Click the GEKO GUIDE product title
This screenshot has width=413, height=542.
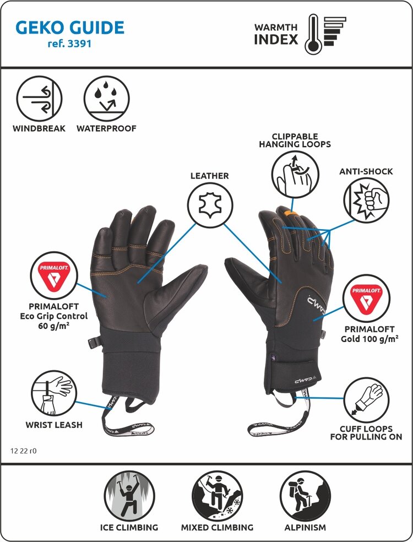(x=70, y=27)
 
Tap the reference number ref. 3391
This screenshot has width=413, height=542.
(x=69, y=44)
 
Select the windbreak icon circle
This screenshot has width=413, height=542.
(x=39, y=99)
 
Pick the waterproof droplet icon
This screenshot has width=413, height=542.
(x=106, y=99)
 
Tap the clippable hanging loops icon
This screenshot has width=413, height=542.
(x=295, y=175)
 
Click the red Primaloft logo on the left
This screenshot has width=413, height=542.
(x=53, y=274)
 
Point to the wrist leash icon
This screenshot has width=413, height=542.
(x=53, y=393)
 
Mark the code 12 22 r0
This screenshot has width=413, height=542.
(x=24, y=451)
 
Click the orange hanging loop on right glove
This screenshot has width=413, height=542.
(x=292, y=213)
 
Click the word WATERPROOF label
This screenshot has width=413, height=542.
(x=106, y=129)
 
